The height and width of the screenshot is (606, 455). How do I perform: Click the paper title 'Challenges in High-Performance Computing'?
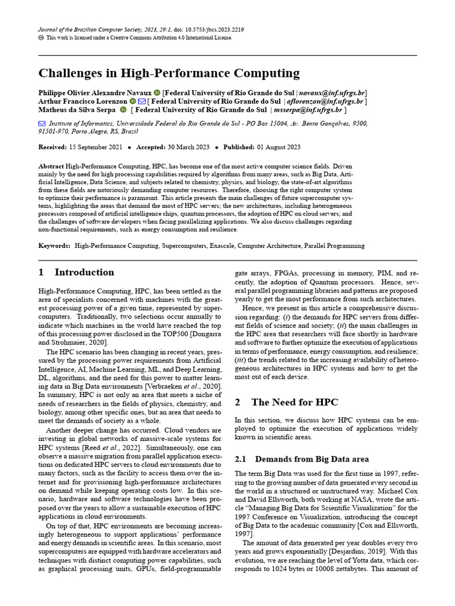(169, 73)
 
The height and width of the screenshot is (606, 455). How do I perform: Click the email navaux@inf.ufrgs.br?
(332, 93)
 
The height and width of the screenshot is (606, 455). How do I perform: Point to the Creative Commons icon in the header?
(41, 37)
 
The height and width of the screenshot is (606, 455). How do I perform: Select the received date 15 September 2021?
(96, 147)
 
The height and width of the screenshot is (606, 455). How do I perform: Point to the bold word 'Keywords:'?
(55, 245)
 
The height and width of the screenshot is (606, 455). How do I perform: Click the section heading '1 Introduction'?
(76, 272)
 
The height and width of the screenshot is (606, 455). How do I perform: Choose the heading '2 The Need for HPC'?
(286, 402)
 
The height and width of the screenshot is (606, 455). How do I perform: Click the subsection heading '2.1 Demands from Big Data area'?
(302, 459)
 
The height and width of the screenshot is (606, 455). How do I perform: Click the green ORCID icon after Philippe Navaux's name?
(157, 93)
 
